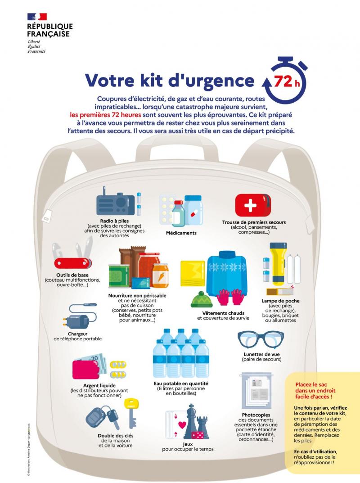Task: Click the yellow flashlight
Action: tap(277, 263)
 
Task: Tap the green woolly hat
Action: tap(201, 299)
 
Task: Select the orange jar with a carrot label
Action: tap(160, 275)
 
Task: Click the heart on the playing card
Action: tap(182, 425)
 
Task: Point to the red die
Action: tap(197, 436)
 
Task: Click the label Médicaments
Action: tap(181, 233)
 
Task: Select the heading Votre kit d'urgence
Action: tap(170, 80)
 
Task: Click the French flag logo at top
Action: tap(37, 17)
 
